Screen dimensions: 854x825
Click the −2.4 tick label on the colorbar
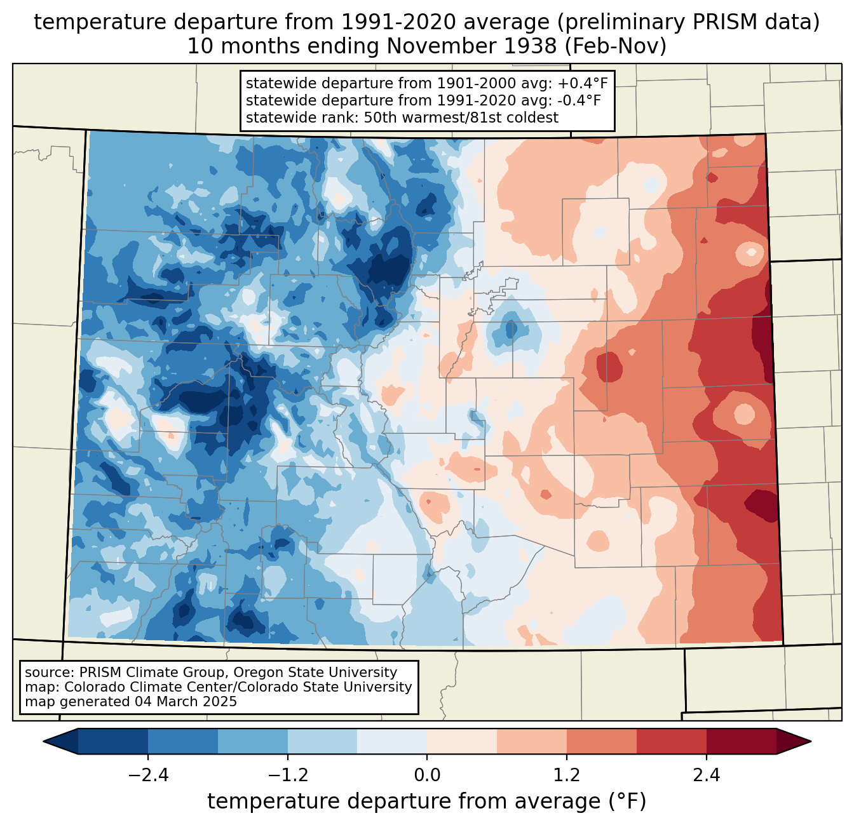click(x=148, y=775)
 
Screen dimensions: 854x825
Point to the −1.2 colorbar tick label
click(x=288, y=775)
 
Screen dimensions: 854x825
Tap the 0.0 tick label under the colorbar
click(x=427, y=775)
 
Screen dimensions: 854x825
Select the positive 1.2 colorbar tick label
click(x=567, y=775)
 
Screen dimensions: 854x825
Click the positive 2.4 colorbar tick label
click(x=707, y=775)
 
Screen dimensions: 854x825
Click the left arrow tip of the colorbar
click(x=43, y=742)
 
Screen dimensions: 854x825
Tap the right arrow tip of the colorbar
click(x=811, y=742)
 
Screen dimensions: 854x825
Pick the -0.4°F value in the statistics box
click(x=579, y=100)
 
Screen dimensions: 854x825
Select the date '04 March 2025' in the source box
click(x=186, y=701)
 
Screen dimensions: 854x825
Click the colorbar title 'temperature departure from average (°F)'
click(x=427, y=802)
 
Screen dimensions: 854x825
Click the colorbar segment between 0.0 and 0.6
click(x=462, y=742)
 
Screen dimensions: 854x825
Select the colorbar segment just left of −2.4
click(x=113, y=742)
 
